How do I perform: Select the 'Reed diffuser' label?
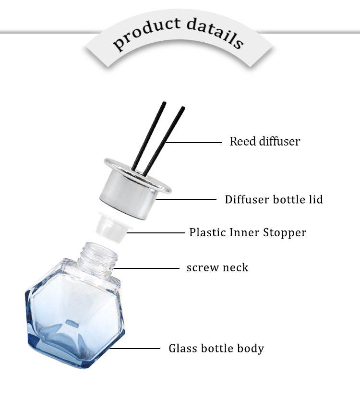pos(264,142)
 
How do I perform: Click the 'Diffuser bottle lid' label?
pos(274,199)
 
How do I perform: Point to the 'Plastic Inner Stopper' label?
pos(247,233)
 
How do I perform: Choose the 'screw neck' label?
pos(217,267)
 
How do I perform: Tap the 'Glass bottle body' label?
pos(216,348)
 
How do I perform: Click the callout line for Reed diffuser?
pos(194,142)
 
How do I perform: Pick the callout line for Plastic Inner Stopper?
pos(156,233)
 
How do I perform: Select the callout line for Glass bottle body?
pos(137,349)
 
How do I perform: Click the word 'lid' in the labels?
pos(315,199)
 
